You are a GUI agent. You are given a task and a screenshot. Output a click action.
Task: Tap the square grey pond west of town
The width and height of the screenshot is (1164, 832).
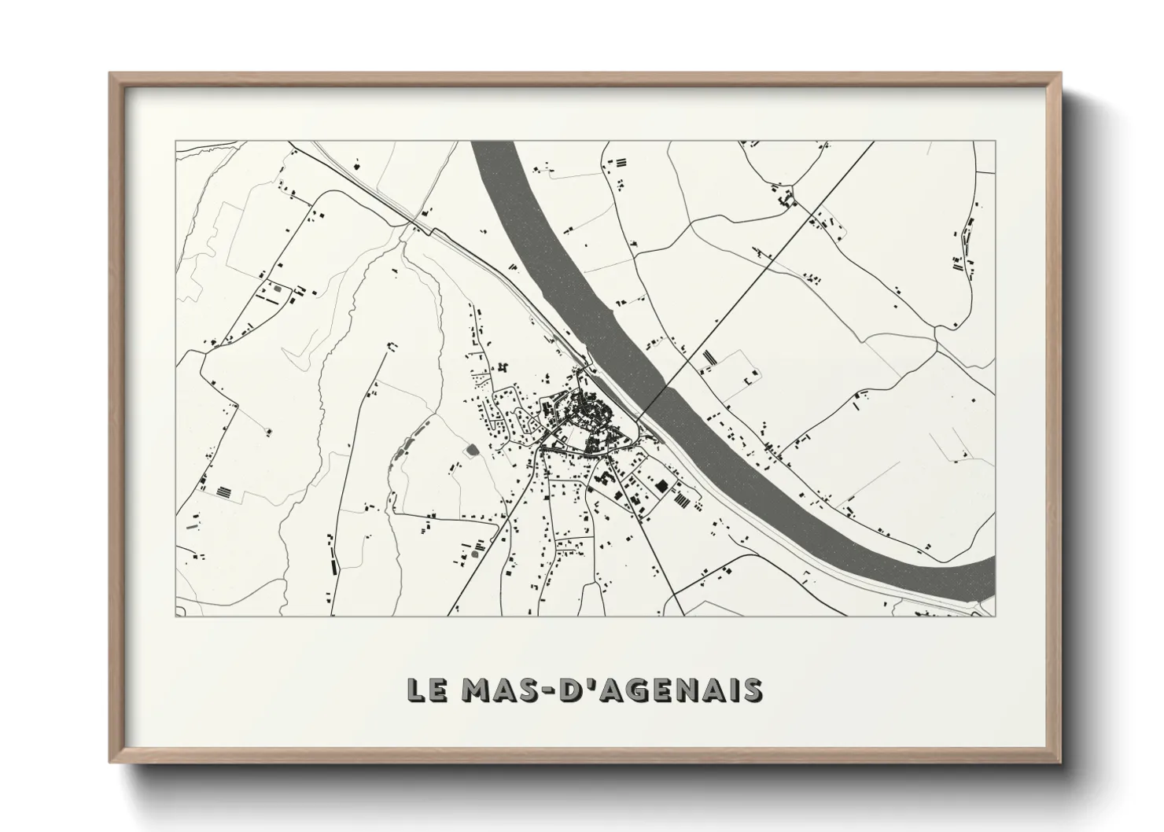pyautogui.click(x=472, y=450)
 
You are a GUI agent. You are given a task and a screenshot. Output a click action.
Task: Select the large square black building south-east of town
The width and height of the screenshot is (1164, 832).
pyautogui.click(x=661, y=486)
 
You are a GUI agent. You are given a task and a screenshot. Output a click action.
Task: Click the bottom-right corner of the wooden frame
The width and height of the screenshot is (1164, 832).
pyautogui.click(x=1060, y=763)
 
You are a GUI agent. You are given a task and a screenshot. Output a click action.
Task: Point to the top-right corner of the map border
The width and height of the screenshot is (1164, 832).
pyautogui.click(x=995, y=142)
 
